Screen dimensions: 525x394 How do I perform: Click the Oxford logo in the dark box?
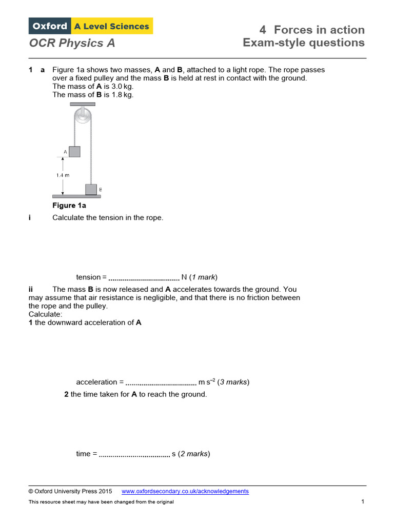(50, 26)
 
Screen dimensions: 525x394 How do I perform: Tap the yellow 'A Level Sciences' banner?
(112, 26)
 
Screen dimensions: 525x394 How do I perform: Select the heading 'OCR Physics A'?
(72, 43)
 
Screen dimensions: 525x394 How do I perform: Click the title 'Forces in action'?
(319, 30)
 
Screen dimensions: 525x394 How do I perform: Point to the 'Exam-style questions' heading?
(304, 43)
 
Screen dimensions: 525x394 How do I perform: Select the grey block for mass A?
(75, 152)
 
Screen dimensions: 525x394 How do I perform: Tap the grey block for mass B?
(91, 189)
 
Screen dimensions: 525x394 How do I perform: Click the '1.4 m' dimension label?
(63, 175)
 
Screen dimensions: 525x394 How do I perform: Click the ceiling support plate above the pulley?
(82, 105)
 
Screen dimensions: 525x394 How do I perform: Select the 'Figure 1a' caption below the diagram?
(69, 206)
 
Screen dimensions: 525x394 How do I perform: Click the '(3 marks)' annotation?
(233, 382)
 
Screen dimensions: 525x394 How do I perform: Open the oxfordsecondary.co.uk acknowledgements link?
(185, 491)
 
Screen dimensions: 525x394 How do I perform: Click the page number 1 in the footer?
(362, 501)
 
